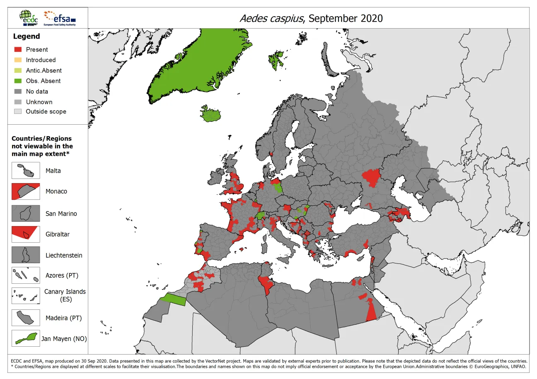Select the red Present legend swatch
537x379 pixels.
[x=18, y=49]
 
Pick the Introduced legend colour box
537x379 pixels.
[x=18, y=60]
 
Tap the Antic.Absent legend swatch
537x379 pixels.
[x=18, y=70]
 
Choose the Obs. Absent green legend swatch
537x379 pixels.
[x=18, y=81]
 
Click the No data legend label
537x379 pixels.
[x=37, y=92]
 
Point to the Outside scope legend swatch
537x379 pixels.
[x=18, y=111]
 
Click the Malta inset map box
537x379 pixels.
[x=26, y=171]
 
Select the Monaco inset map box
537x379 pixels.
[x=26, y=191]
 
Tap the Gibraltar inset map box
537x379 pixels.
[x=26, y=234]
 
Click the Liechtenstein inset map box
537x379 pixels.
[x=26, y=255]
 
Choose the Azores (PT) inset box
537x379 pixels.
[x=26, y=275]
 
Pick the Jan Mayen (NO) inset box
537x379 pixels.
[x=26, y=338]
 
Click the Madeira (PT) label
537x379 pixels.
[x=63, y=318]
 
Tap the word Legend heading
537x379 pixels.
[x=27, y=36]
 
